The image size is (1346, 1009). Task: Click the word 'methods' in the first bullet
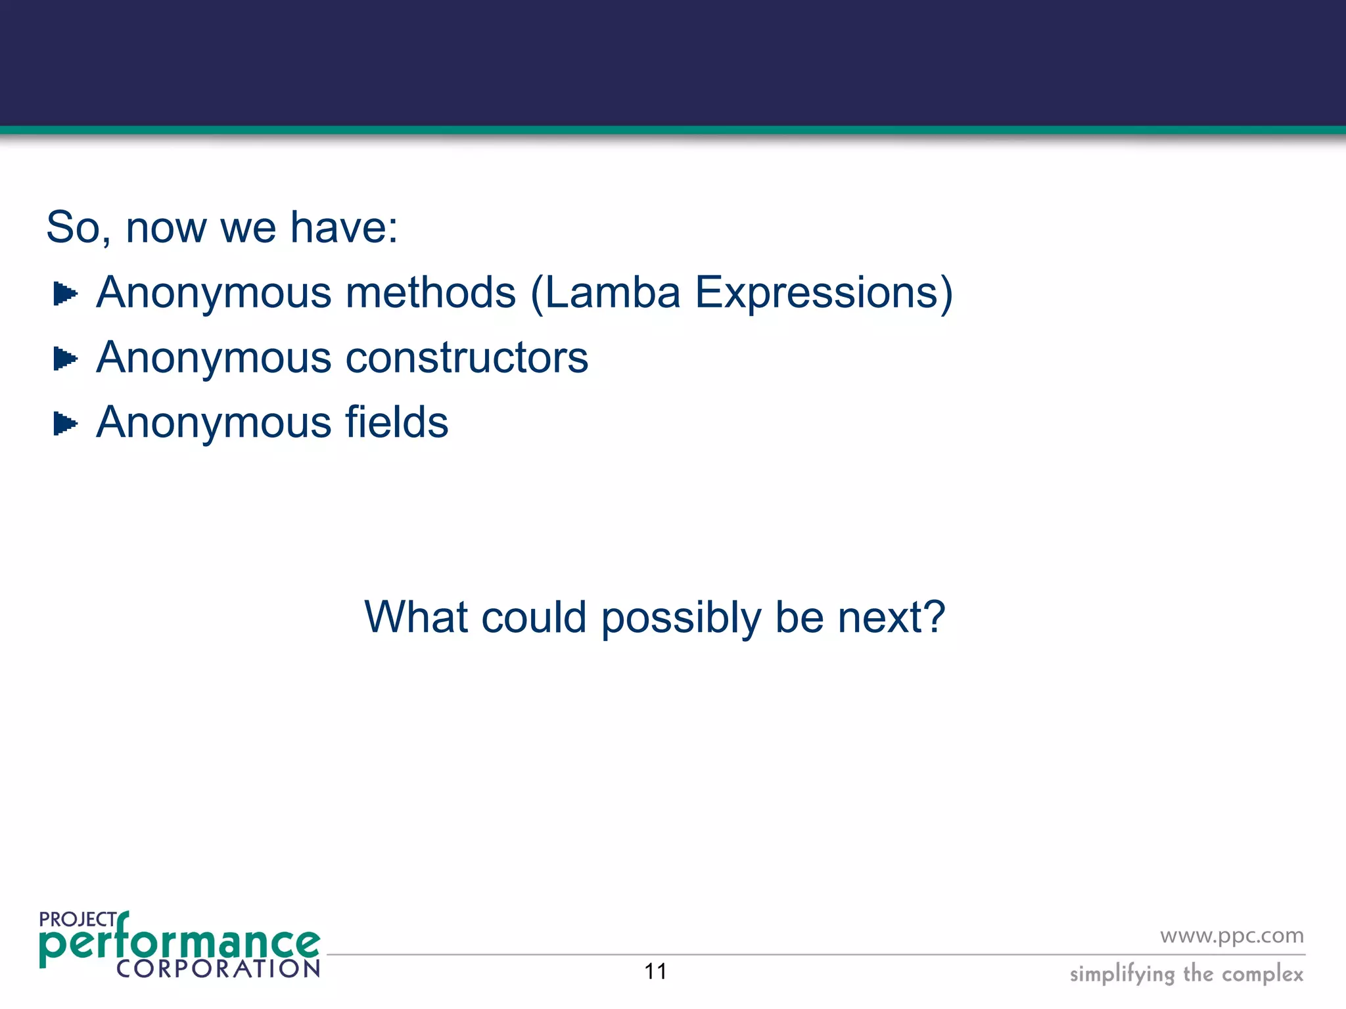pyautogui.click(x=431, y=293)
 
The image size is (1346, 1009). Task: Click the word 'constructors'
pyautogui.click(x=467, y=358)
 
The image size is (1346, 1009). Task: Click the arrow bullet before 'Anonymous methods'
pyautogui.click(x=65, y=294)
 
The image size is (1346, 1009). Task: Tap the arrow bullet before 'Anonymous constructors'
pyautogui.click(x=65, y=359)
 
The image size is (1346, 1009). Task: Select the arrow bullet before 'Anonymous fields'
pyautogui.click(x=65, y=424)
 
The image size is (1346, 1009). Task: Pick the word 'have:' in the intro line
pyautogui.click(x=344, y=228)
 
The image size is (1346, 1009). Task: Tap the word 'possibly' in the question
pyautogui.click(x=680, y=619)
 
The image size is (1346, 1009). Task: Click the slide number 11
pyautogui.click(x=655, y=972)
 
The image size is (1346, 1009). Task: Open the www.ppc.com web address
pyautogui.click(x=1232, y=935)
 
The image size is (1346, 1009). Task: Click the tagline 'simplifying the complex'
pyautogui.click(x=1186, y=974)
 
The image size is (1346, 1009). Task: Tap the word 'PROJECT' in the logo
pyautogui.click(x=78, y=920)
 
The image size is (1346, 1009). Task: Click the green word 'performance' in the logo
pyautogui.click(x=179, y=943)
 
